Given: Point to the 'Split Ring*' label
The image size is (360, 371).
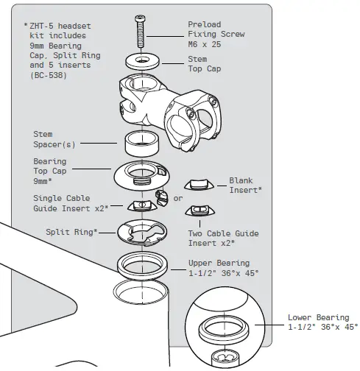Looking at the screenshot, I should [x=70, y=231].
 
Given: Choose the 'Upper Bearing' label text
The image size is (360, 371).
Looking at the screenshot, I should [x=218, y=263].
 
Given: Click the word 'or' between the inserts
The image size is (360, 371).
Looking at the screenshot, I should [x=177, y=198].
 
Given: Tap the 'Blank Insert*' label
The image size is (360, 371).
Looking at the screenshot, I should [x=245, y=185].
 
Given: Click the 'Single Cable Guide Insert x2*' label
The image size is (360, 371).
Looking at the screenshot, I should [x=71, y=203].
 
